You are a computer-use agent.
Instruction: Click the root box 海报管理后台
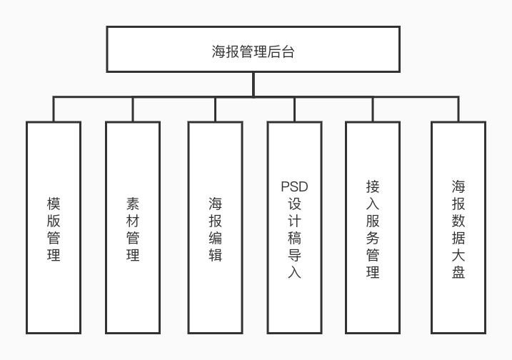pos(254,50)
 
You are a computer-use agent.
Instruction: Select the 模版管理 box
pos(54,227)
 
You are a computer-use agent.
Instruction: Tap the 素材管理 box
pos(133,227)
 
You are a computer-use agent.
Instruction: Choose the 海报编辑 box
pos(215,227)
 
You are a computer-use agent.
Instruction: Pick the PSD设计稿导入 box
pos(294,227)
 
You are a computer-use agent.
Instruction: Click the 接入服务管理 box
pos(372,227)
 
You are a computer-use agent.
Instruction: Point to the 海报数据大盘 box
pos(458,227)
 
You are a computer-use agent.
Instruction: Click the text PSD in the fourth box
pos(294,187)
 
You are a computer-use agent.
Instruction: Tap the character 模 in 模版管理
pos(54,204)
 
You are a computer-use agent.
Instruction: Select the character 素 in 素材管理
pos(133,204)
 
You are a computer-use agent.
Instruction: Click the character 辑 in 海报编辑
pos(215,255)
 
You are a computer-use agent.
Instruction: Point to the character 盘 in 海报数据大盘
pos(458,271)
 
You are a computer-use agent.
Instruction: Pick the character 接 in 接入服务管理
pos(372,186)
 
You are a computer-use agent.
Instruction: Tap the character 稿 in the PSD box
pos(294,238)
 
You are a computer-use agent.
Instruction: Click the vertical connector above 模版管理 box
pos(54,109)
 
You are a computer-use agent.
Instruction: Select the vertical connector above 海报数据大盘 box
pos(458,109)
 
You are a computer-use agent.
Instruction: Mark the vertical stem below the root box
pos(254,84)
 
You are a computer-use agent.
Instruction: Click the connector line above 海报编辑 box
pos(215,109)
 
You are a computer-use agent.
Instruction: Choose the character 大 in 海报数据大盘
pos(458,254)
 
